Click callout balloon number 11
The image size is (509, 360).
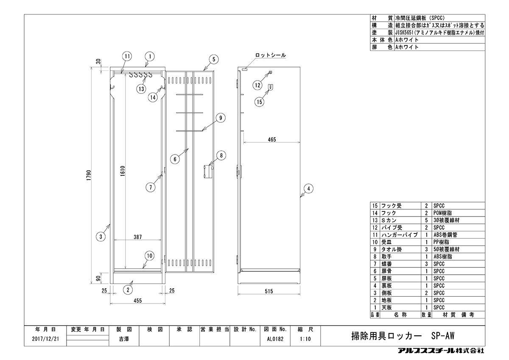[x=127, y=56]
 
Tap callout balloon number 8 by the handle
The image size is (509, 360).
[x=221, y=155]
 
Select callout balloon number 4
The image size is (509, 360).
[x=308, y=188]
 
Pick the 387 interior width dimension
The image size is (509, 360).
[x=138, y=237]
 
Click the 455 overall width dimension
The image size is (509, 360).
[x=138, y=301]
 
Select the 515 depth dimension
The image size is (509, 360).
[x=269, y=291]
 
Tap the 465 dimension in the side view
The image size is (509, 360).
[x=272, y=139]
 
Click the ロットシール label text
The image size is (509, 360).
[x=271, y=55]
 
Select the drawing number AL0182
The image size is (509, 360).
[x=275, y=339]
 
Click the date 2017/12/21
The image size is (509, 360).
[x=45, y=339]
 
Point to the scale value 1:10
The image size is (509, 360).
[x=305, y=339]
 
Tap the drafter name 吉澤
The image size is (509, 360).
[x=124, y=339]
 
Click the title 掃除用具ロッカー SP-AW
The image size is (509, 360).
[x=403, y=336]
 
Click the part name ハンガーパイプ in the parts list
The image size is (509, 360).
[x=400, y=235]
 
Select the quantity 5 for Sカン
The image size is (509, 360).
[x=426, y=220]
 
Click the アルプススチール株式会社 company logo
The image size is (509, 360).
[x=441, y=351]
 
